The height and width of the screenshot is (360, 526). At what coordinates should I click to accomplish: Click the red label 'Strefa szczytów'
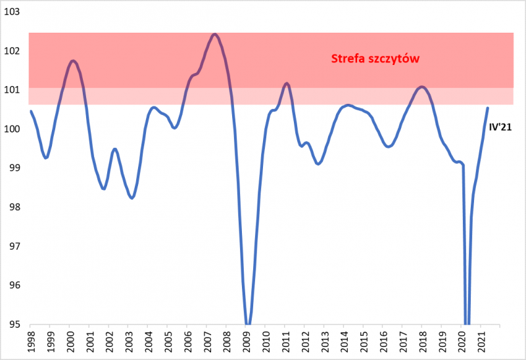[375, 58]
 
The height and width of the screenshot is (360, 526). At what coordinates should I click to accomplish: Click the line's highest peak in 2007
[215, 34]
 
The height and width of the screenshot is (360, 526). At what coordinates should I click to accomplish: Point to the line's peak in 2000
[73, 61]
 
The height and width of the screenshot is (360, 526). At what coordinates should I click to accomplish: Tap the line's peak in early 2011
[287, 83]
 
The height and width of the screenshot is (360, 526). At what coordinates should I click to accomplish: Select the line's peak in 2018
[421, 87]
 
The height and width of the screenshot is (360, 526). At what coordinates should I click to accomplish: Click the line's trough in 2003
[132, 198]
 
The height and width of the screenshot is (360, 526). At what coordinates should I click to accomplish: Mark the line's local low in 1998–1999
[45, 158]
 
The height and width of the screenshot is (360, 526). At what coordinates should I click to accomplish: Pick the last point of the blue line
[487, 108]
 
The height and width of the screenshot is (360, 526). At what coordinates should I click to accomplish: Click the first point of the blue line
[31, 111]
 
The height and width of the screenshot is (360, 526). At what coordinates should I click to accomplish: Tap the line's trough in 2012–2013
[318, 164]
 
